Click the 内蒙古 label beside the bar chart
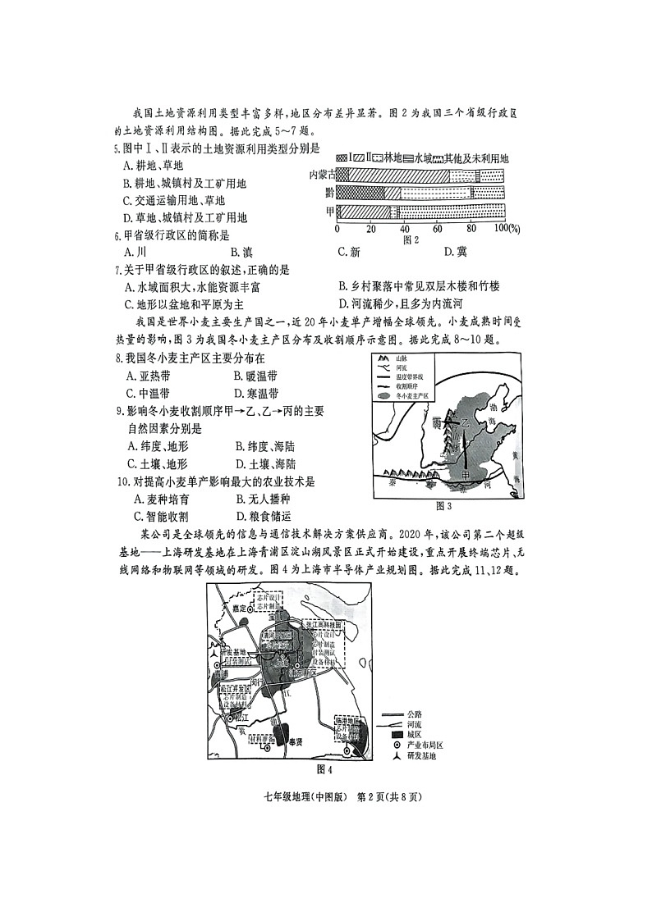pyautogui.click(x=321, y=174)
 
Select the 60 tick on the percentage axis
pyautogui.click(x=436, y=228)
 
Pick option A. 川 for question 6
pyautogui.click(x=135, y=252)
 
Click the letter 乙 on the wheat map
pyautogui.click(x=466, y=424)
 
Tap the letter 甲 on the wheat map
pyautogui.click(x=466, y=475)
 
